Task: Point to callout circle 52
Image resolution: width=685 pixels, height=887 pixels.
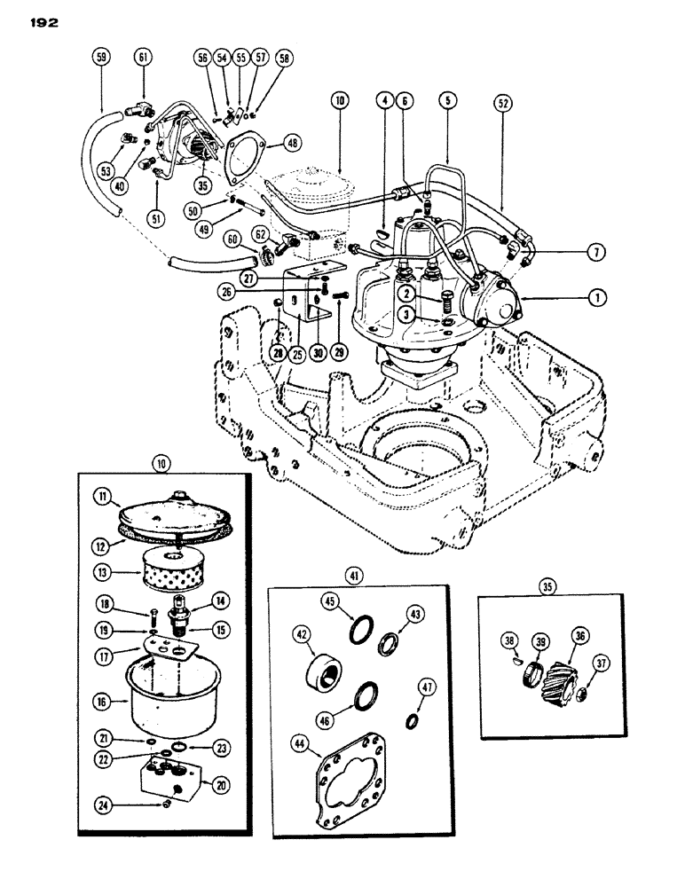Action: click(x=502, y=104)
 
